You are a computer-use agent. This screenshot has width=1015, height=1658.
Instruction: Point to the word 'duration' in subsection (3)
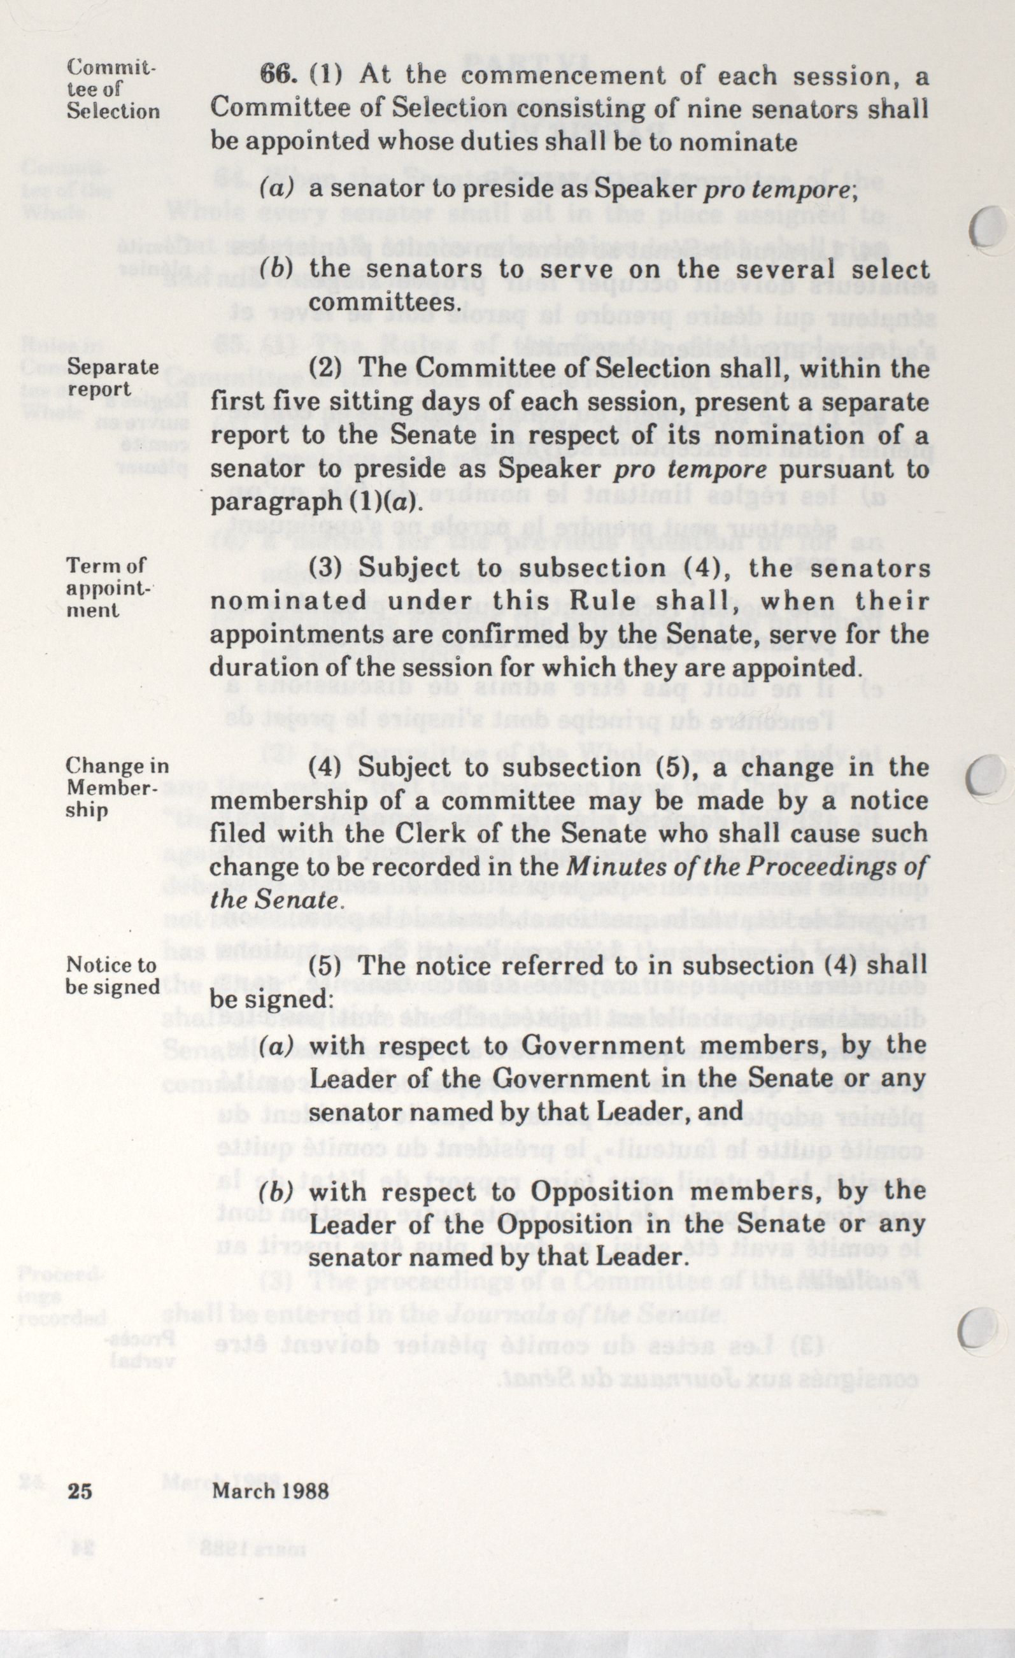[x=260, y=668]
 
